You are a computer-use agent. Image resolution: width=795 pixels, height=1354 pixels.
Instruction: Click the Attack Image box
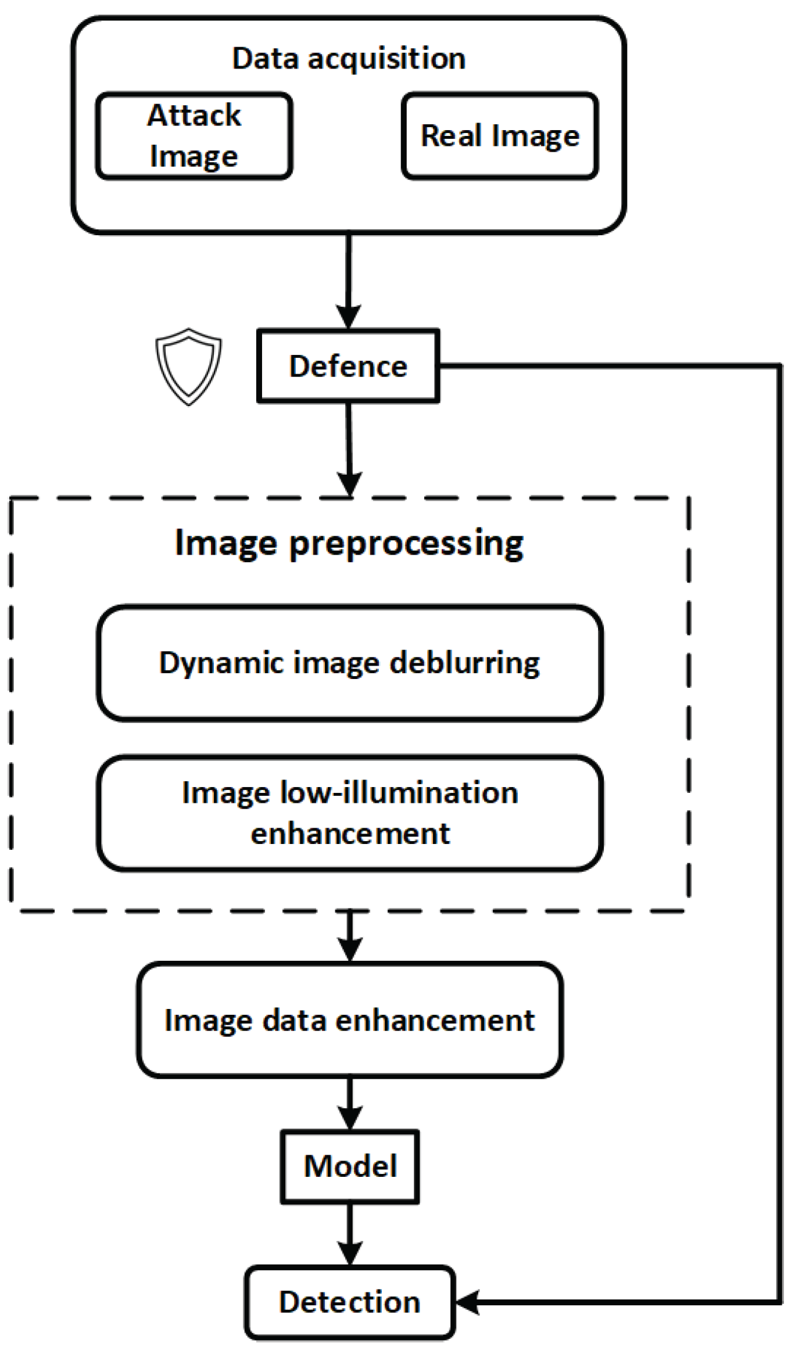click(194, 135)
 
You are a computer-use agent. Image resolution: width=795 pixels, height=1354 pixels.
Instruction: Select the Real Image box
click(500, 135)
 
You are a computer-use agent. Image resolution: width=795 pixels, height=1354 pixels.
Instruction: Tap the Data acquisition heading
click(349, 58)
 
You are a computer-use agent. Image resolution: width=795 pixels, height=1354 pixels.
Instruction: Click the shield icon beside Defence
click(188, 366)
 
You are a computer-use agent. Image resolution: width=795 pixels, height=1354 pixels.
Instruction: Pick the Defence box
click(348, 366)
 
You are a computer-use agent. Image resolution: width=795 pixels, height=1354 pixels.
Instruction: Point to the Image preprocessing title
click(349, 543)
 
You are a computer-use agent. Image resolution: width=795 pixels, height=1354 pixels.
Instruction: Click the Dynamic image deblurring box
click(349, 663)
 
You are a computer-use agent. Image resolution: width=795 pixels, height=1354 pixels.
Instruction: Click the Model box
click(350, 1166)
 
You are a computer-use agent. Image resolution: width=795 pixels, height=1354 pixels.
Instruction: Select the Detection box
click(349, 1302)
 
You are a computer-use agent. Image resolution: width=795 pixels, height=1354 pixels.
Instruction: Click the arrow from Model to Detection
click(350, 1234)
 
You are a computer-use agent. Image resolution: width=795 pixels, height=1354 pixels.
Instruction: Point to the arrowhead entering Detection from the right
click(467, 1302)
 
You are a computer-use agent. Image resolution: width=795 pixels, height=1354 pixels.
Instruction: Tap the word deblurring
click(464, 663)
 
